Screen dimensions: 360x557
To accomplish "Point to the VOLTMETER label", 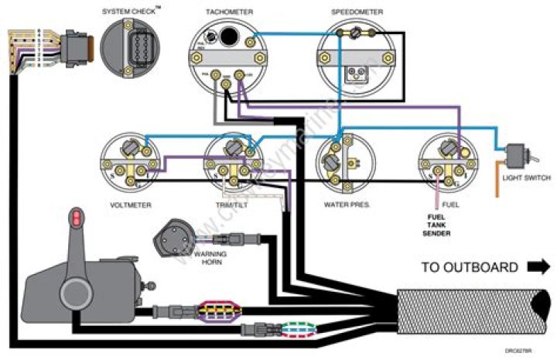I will tap(130, 205).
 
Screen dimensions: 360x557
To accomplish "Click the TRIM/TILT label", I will tap(231, 205).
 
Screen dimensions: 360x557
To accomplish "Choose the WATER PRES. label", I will tap(345, 205).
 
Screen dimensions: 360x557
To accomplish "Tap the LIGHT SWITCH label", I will tap(526, 178).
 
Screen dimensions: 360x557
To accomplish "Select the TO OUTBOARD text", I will tap(470, 268).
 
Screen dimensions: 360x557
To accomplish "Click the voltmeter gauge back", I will tap(128, 161).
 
